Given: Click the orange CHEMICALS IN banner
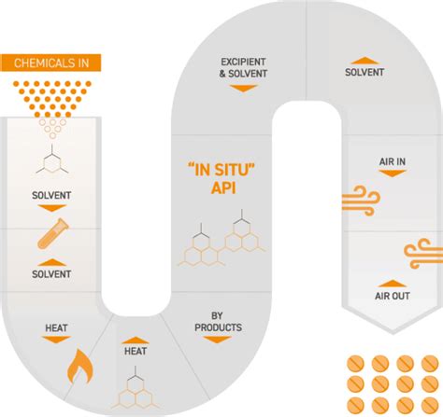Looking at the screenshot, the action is click(x=50, y=63).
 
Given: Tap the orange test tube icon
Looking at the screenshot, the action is click(x=53, y=234).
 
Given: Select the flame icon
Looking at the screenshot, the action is click(x=80, y=367).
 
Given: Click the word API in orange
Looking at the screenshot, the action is click(x=223, y=188).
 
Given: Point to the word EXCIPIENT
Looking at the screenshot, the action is click(x=243, y=62).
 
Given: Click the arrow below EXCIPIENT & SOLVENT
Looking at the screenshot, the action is click(x=243, y=89).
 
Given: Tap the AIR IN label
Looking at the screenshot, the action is click(x=393, y=161).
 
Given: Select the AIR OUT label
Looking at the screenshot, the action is click(x=393, y=296).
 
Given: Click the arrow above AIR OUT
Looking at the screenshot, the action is click(x=393, y=284).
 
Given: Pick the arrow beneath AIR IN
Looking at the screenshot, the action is click(x=393, y=174).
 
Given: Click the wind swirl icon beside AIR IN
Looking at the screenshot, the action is click(x=361, y=201).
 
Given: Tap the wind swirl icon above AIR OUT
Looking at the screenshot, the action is click(x=423, y=254).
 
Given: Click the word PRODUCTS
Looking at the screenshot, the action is click(x=218, y=327).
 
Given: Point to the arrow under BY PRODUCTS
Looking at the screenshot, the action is click(x=217, y=340).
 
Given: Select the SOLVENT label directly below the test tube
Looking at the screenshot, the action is click(x=51, y=274).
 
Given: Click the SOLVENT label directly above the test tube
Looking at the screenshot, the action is click(x=51, y=195).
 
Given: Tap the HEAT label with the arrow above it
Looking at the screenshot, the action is click(x=136, y=351).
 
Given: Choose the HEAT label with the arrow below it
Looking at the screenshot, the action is click(x=56, y=327).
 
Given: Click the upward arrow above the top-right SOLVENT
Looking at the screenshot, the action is click(x=364, y=61).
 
